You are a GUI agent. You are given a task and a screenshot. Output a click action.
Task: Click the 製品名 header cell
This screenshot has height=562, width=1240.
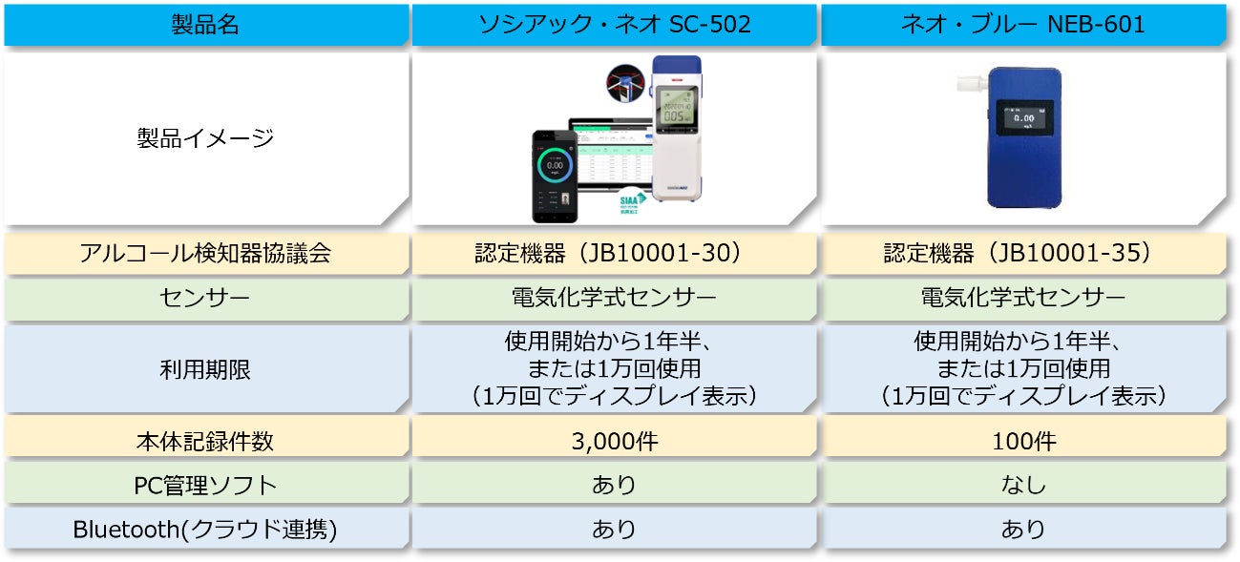(205, 25)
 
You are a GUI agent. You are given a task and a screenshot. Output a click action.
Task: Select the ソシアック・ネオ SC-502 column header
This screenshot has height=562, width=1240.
(614, 25)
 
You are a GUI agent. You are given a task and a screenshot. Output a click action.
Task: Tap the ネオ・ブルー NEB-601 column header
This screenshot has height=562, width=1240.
(1022, 25)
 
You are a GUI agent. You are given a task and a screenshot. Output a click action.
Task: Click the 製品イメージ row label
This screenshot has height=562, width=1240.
(205, 138)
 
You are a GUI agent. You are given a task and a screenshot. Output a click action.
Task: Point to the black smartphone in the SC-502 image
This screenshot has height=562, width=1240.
(555, 177)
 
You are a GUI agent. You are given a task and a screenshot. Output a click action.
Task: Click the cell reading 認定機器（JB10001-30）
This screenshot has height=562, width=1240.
(614, 254)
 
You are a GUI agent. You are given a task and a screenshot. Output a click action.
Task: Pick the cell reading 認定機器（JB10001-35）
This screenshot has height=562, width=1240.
(1022, 254)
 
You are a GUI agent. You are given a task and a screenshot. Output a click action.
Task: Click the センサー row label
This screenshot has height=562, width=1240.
(205, 299)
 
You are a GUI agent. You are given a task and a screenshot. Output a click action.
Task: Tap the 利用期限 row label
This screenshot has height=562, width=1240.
(205, 368)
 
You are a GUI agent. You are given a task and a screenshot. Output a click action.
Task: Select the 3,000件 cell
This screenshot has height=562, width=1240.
(614, 441)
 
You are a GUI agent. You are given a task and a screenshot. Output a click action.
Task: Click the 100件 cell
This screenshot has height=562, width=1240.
(1022, 441)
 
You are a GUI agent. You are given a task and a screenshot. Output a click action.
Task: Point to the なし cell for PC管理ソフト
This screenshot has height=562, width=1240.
(1022, 485)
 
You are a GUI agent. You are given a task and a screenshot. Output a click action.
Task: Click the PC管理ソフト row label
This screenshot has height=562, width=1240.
(205, 485)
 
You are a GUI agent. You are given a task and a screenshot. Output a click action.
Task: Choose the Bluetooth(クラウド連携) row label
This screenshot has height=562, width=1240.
(205, 530)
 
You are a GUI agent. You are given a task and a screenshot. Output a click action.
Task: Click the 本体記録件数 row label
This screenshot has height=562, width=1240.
(205, 441)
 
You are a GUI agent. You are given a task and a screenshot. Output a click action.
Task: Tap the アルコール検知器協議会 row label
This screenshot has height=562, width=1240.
(205, 254)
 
